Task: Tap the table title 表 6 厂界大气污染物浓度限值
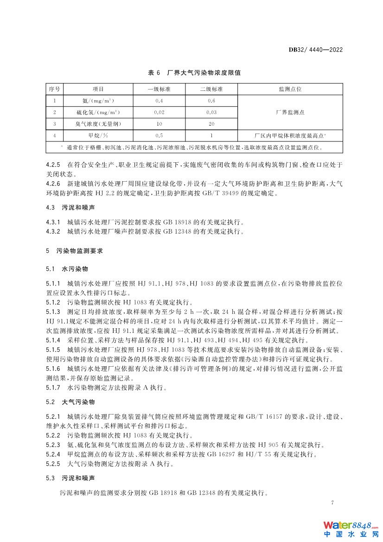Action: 194,73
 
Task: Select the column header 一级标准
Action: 159,89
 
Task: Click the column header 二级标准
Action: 211,89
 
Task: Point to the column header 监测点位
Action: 290,89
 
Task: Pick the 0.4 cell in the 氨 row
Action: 159,101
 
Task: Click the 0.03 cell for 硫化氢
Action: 211,112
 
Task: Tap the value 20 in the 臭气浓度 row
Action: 211,124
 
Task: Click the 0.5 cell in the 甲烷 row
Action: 159,136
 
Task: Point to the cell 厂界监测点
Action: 290,112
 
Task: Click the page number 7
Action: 332,502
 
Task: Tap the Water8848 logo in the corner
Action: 351,529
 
